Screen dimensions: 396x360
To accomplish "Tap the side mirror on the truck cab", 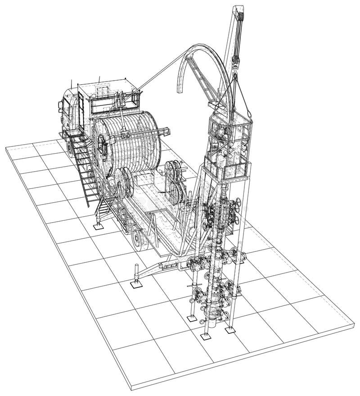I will pos(60,106).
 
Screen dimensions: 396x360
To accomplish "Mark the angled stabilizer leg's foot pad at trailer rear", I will pos(135,284).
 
